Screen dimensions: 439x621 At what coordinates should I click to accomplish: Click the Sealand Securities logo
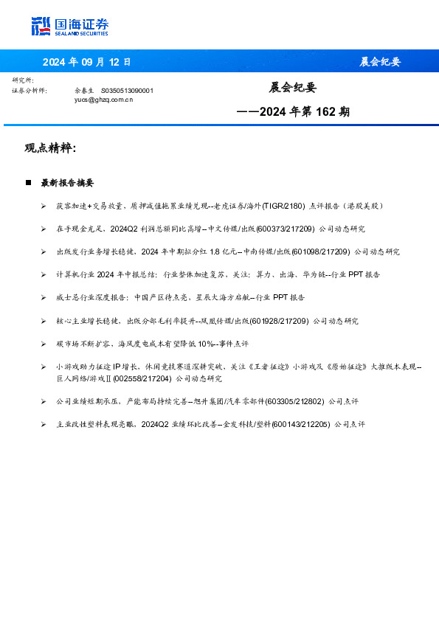tap(69, 27)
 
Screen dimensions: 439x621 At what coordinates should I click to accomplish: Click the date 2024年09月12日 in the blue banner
tap(86, 62)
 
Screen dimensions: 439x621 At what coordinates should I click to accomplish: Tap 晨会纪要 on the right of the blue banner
tap(380, 62)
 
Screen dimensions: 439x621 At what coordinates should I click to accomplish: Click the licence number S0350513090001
tap(127, 90)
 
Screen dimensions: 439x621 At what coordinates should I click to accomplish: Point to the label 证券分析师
tap(30, 90)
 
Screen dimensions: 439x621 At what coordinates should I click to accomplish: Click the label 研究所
tap(23, 80)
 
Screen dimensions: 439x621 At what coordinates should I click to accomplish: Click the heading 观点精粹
tap(50, 148)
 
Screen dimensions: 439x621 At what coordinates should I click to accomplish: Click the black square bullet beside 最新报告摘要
tap(28, 182)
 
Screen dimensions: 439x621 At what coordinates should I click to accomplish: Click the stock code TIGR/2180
tap(281, 206)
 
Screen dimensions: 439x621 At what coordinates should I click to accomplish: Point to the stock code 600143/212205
tap(300, 425)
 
